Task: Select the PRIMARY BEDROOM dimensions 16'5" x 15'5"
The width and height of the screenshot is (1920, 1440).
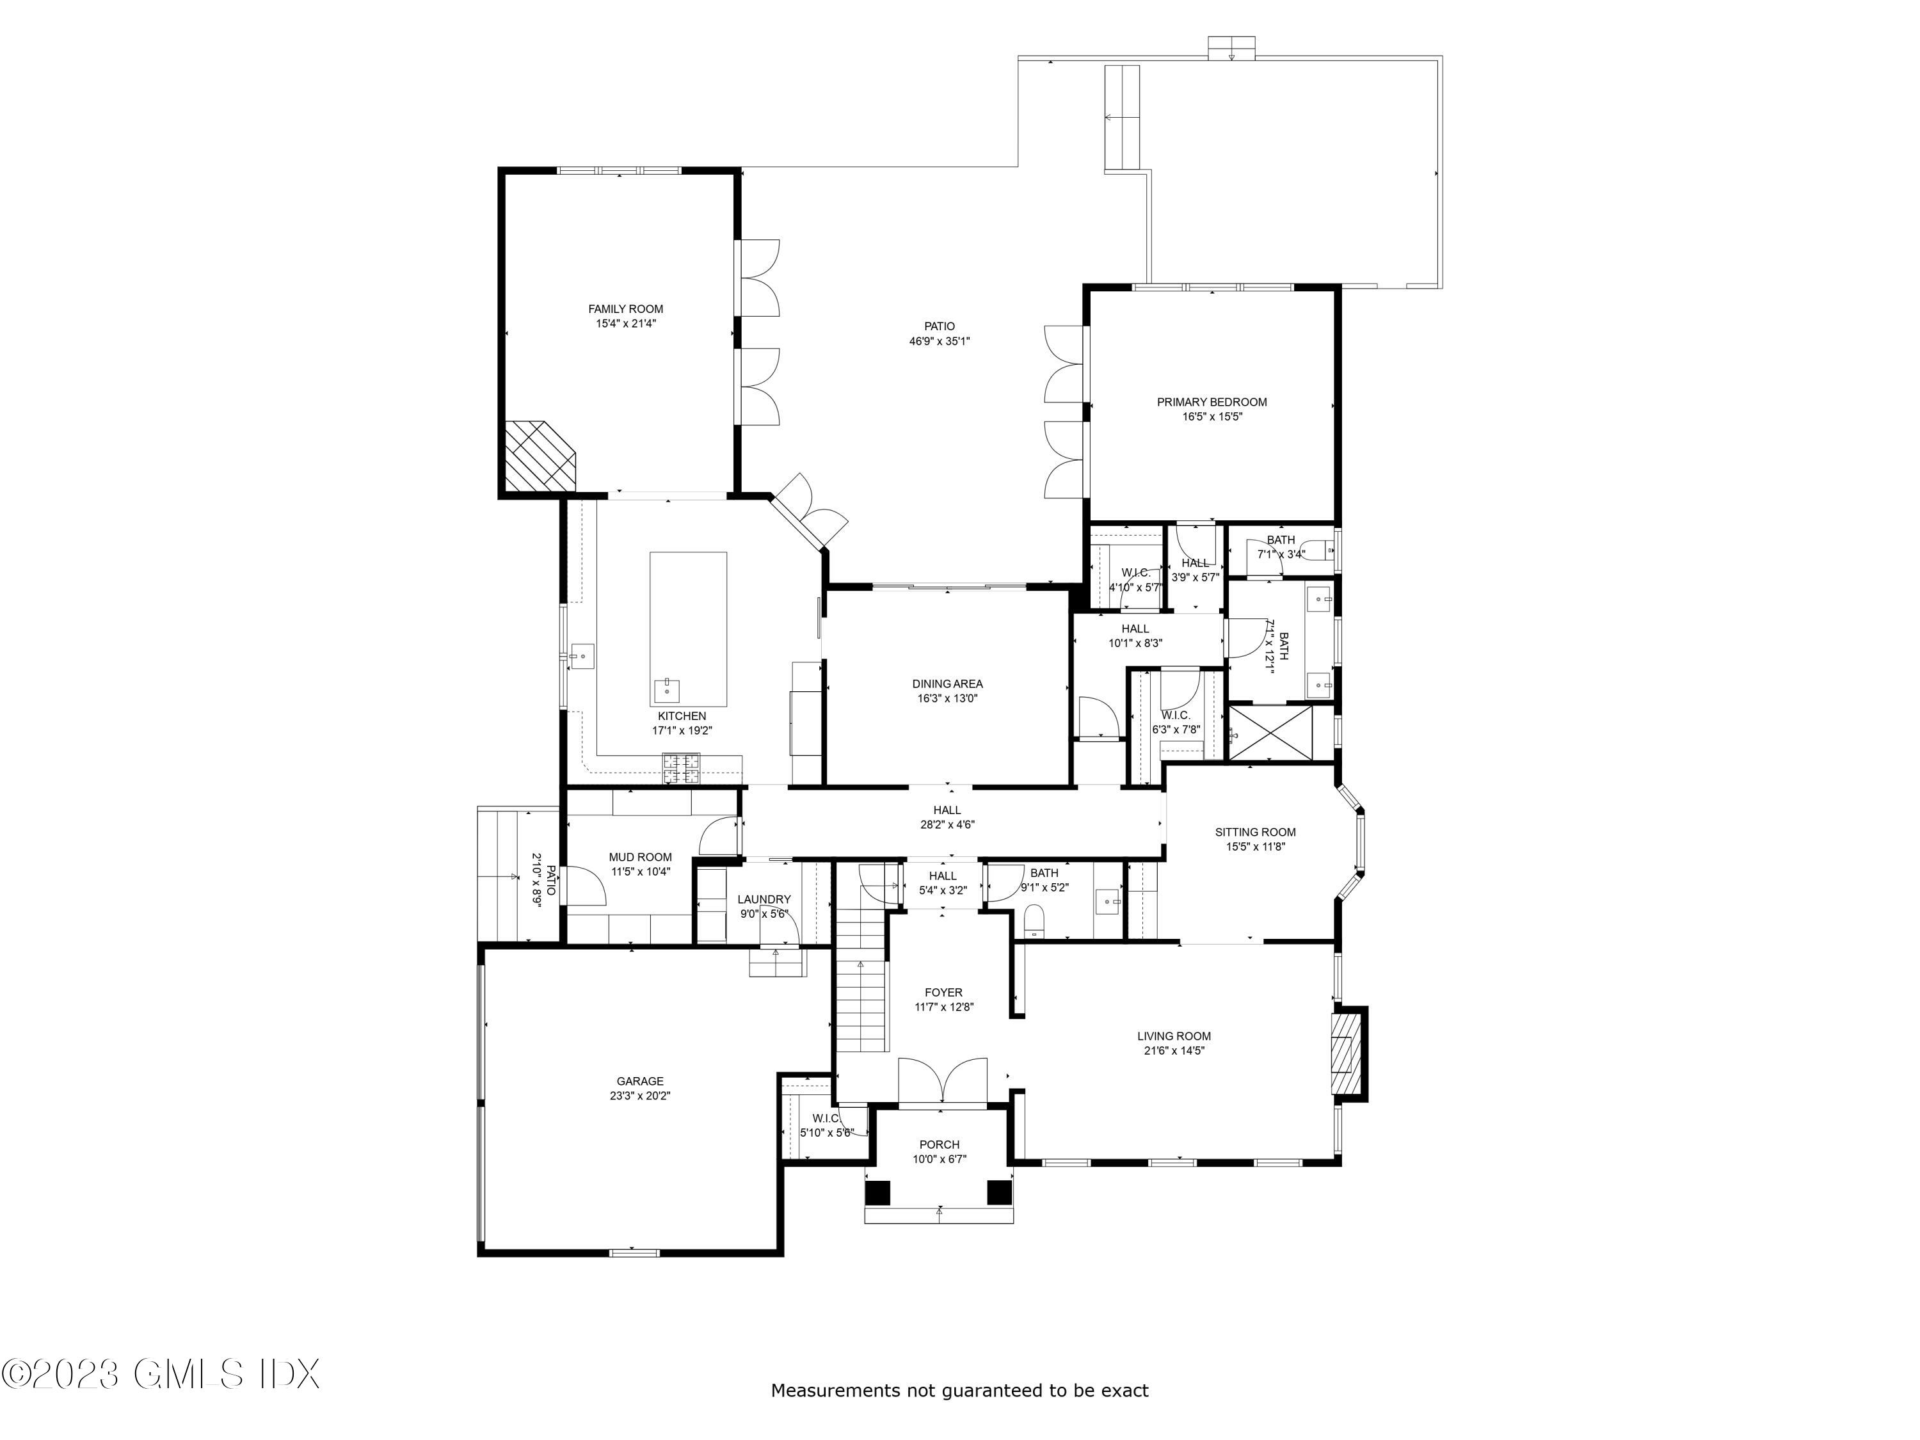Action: pos(1212,417)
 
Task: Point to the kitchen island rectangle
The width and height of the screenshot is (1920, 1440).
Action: pos(688,629)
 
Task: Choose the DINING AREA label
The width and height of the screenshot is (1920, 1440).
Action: pos(947,684)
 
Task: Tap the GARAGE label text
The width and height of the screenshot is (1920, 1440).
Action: pos(641,1082)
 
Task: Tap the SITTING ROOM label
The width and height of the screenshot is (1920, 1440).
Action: pos(1255,833)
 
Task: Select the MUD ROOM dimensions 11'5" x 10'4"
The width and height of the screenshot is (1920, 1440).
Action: pos(640,872)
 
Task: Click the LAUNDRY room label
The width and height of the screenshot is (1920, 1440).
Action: pos(764,899)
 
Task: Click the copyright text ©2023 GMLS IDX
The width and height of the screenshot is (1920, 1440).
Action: pos(161,1374)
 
